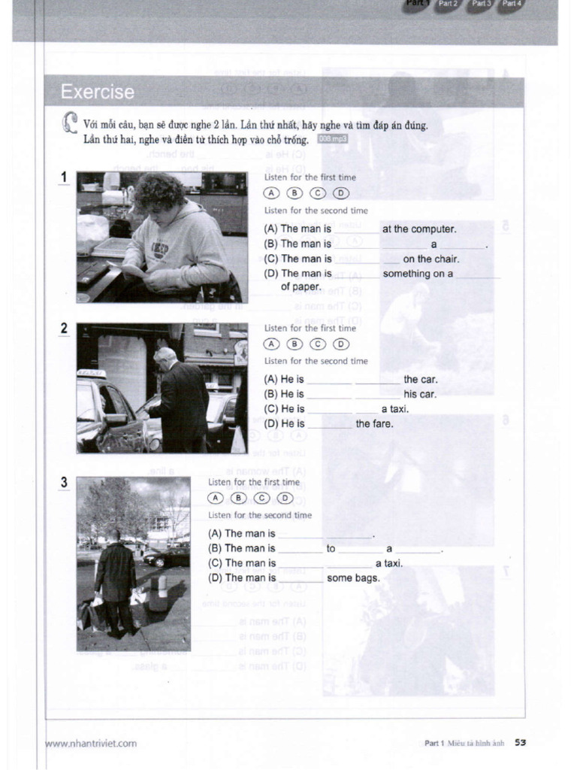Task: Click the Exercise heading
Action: pyautogui.click(x=98, y=92)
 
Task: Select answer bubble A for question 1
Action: pyautogui.click(x=271, y=193)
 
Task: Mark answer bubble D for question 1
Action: pyautogui.click(x=341, y=193)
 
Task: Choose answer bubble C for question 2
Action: pyautogui.click(x=319, y=344)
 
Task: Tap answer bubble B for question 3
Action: pyautogui.click(x=239, y=498)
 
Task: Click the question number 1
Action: pyautogui.click(x=65, y=177)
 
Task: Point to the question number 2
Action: pyautogui.click(x=65, y=329)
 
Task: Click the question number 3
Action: pyautogui.click(x=65, y=483)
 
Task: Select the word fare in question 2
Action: pyautogui.click(x=383, y=424)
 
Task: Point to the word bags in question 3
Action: pyautogui.click(x=367, y=578)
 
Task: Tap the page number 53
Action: pyautogui.click(x=520, y=743)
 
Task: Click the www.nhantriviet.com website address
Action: pyautogui.click(x=92, y=744)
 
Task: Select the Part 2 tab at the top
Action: pyautogui.click(x=449, y=4)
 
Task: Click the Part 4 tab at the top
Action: pyautogui.click(x=512, y=4)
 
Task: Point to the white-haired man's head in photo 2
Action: pyautogui.click(x=165, y=358)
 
